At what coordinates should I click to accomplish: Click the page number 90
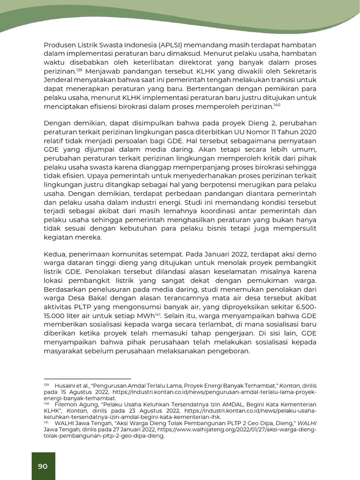coord(43,466)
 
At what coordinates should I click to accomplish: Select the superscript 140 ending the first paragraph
coord(277,105)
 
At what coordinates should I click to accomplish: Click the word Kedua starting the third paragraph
coord(55,255)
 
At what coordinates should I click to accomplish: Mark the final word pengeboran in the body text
coord(229,352)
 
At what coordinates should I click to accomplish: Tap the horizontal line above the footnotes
coord(87,378)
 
